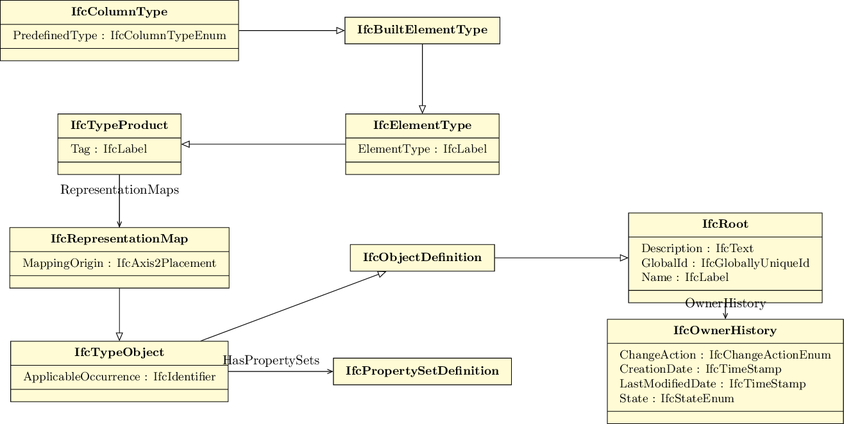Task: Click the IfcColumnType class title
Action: pos(119,12)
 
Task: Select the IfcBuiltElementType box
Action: pos(422,30)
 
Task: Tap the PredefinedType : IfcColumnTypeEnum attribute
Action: pos(119,36)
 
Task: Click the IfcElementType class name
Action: pos(422,126)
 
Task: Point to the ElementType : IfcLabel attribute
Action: pos(422,149)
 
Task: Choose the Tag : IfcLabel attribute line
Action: pos(109,149)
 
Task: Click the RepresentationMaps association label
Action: pos(119,190)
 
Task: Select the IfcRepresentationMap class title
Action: pos(119,239)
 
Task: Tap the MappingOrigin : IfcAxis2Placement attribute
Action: pos(119,263)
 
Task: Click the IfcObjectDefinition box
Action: pos(422,258)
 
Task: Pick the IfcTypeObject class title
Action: pos(119,353)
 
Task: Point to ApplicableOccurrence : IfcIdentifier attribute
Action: pos(119,377)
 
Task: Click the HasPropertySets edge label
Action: pos(271,360)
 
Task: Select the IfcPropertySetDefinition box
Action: pos(422,371)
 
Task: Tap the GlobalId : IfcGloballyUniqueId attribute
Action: pos(725,263)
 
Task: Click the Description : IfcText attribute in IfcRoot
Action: pos(697,248)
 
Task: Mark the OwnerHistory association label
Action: pos(725,303)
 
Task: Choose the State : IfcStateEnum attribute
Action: pos(677,398)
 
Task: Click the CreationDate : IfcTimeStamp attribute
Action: pos(700,369)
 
